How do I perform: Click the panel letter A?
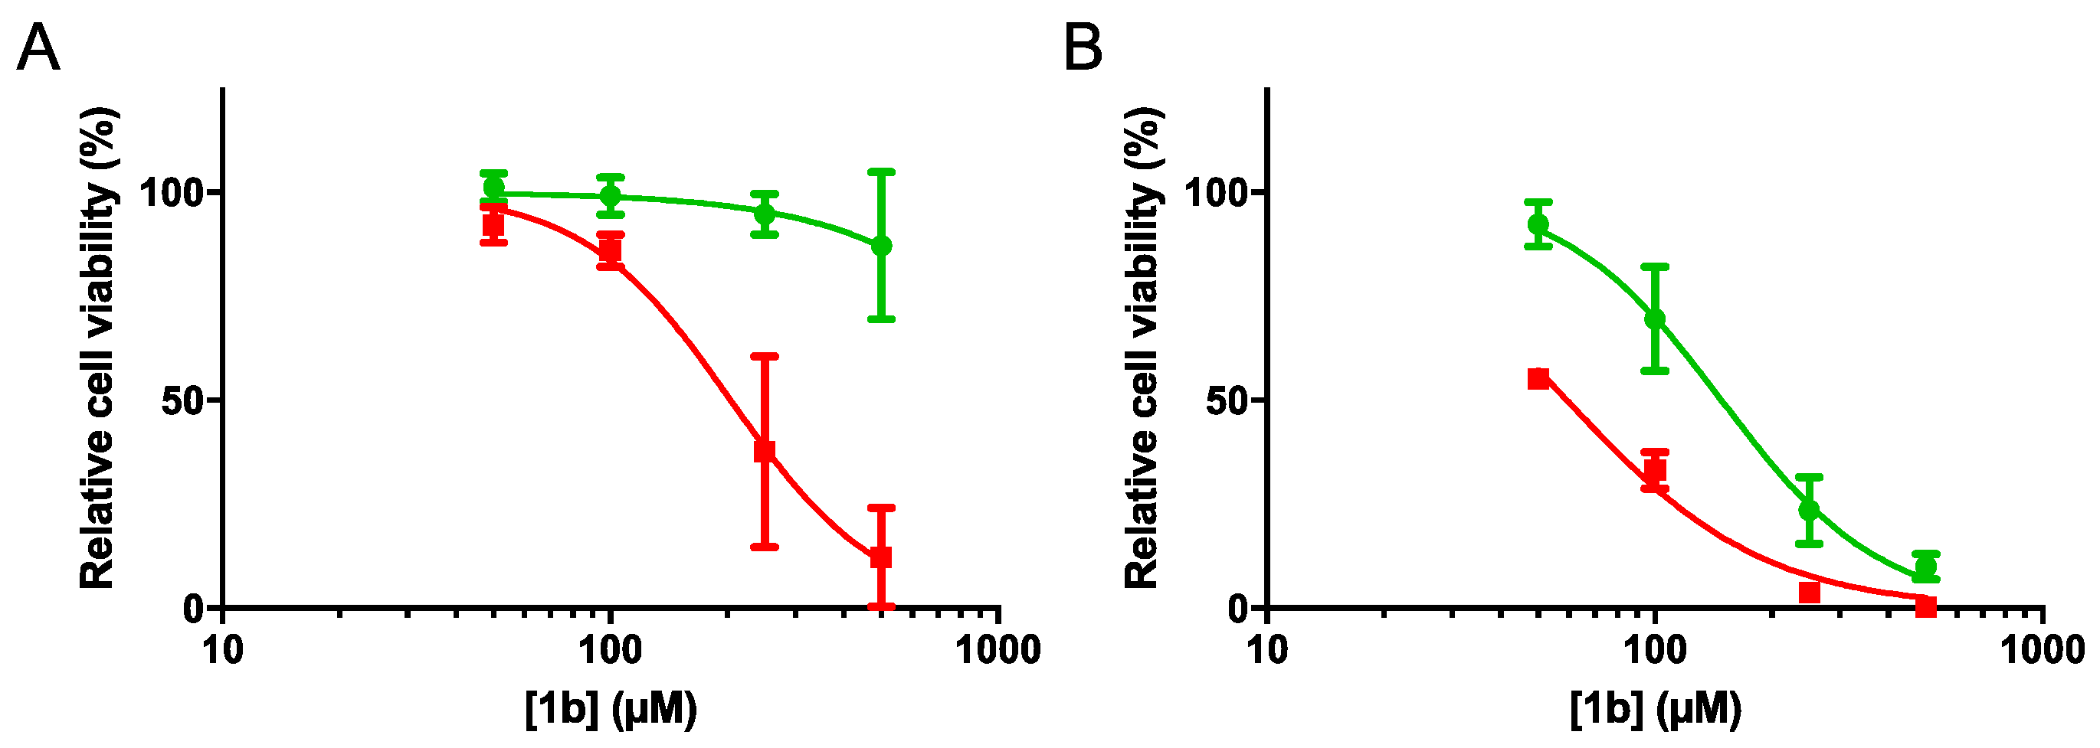38,49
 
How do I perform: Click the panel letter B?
1083,49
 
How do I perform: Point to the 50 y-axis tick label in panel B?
1227,401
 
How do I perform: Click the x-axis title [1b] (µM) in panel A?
611,709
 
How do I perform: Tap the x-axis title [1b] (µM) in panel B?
1656,709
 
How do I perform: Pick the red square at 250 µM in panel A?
764,451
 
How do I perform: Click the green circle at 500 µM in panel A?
881,246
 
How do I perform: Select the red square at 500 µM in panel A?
880,557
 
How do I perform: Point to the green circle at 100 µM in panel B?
1655,318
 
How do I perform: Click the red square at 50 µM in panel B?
1538,378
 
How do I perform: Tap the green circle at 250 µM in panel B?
1809,510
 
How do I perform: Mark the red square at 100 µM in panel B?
1655,470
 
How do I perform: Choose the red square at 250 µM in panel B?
1809,593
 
